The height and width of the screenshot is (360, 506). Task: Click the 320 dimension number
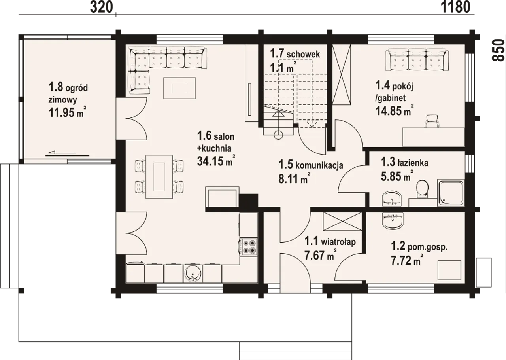pos(102,8)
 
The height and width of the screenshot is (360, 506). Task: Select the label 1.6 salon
pos(216,136)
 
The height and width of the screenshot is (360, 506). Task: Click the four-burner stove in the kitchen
pos(249,246)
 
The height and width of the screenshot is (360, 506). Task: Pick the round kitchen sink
pos(193,273)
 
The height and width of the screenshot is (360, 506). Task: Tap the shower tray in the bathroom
pos(451,193)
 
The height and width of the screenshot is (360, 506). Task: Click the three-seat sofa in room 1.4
pos(417,61)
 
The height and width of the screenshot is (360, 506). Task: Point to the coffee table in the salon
pos(179,88)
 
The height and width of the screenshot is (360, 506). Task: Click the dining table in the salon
pos(159,176)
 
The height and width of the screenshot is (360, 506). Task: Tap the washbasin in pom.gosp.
pos(393,220)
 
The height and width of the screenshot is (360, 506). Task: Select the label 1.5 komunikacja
pos(311,165)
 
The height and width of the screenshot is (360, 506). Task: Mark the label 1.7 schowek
pos(295,54)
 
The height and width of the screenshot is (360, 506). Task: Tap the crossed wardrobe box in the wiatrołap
pos(343,222)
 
